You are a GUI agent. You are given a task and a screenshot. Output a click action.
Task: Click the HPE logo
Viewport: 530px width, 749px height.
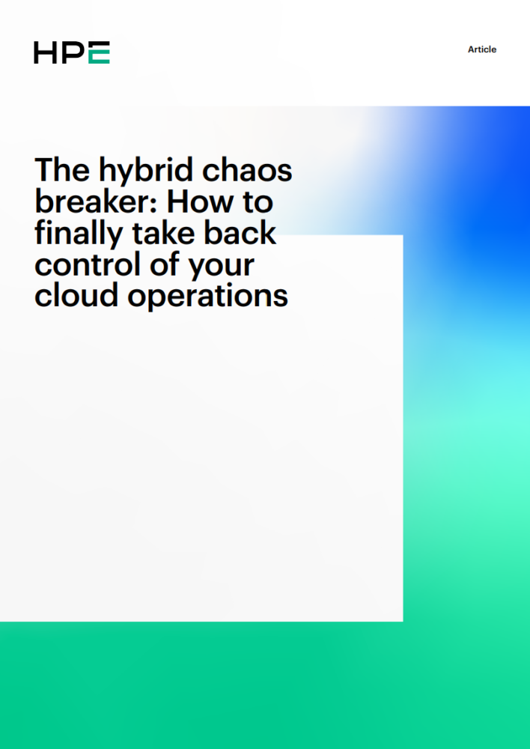(72, 52)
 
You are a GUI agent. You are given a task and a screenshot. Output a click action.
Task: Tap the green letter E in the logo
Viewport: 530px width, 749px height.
(100, 52)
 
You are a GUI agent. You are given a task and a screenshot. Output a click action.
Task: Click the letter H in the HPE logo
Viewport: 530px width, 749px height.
(46, 52)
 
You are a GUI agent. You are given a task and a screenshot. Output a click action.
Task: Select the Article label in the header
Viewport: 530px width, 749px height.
(482, 49)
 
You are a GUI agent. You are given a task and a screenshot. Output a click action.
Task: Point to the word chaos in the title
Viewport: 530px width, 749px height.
(247, 169)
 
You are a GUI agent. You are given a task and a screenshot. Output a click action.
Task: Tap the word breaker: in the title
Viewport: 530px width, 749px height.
(96, 201)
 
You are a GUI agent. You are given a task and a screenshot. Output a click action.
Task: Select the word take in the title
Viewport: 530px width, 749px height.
(163, 233)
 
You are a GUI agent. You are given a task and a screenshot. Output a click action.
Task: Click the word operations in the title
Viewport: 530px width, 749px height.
(207, 297)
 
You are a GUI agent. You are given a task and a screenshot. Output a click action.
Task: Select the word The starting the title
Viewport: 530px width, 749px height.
(62, 169)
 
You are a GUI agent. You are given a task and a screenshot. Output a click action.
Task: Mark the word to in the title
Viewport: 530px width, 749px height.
(258, 202)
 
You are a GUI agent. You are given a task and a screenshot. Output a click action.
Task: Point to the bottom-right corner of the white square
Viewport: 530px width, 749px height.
(403, 622)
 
